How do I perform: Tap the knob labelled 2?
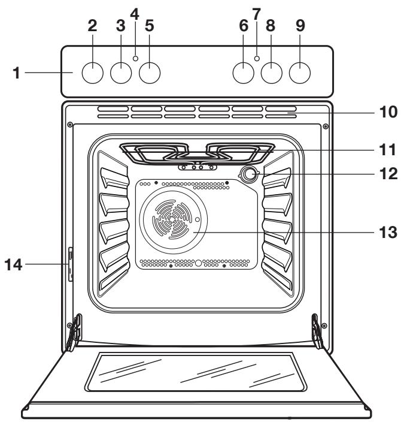(x=92, y=73)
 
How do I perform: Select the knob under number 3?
(x=121, y=73)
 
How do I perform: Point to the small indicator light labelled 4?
(x=136, y=58)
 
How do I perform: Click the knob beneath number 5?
(x=150, y=73)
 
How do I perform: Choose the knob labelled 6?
(x=242, y=73)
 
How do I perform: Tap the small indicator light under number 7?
(x=257, y=58)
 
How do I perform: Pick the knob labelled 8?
(x=272, y=73)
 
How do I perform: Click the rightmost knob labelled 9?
(x=300, y=73)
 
